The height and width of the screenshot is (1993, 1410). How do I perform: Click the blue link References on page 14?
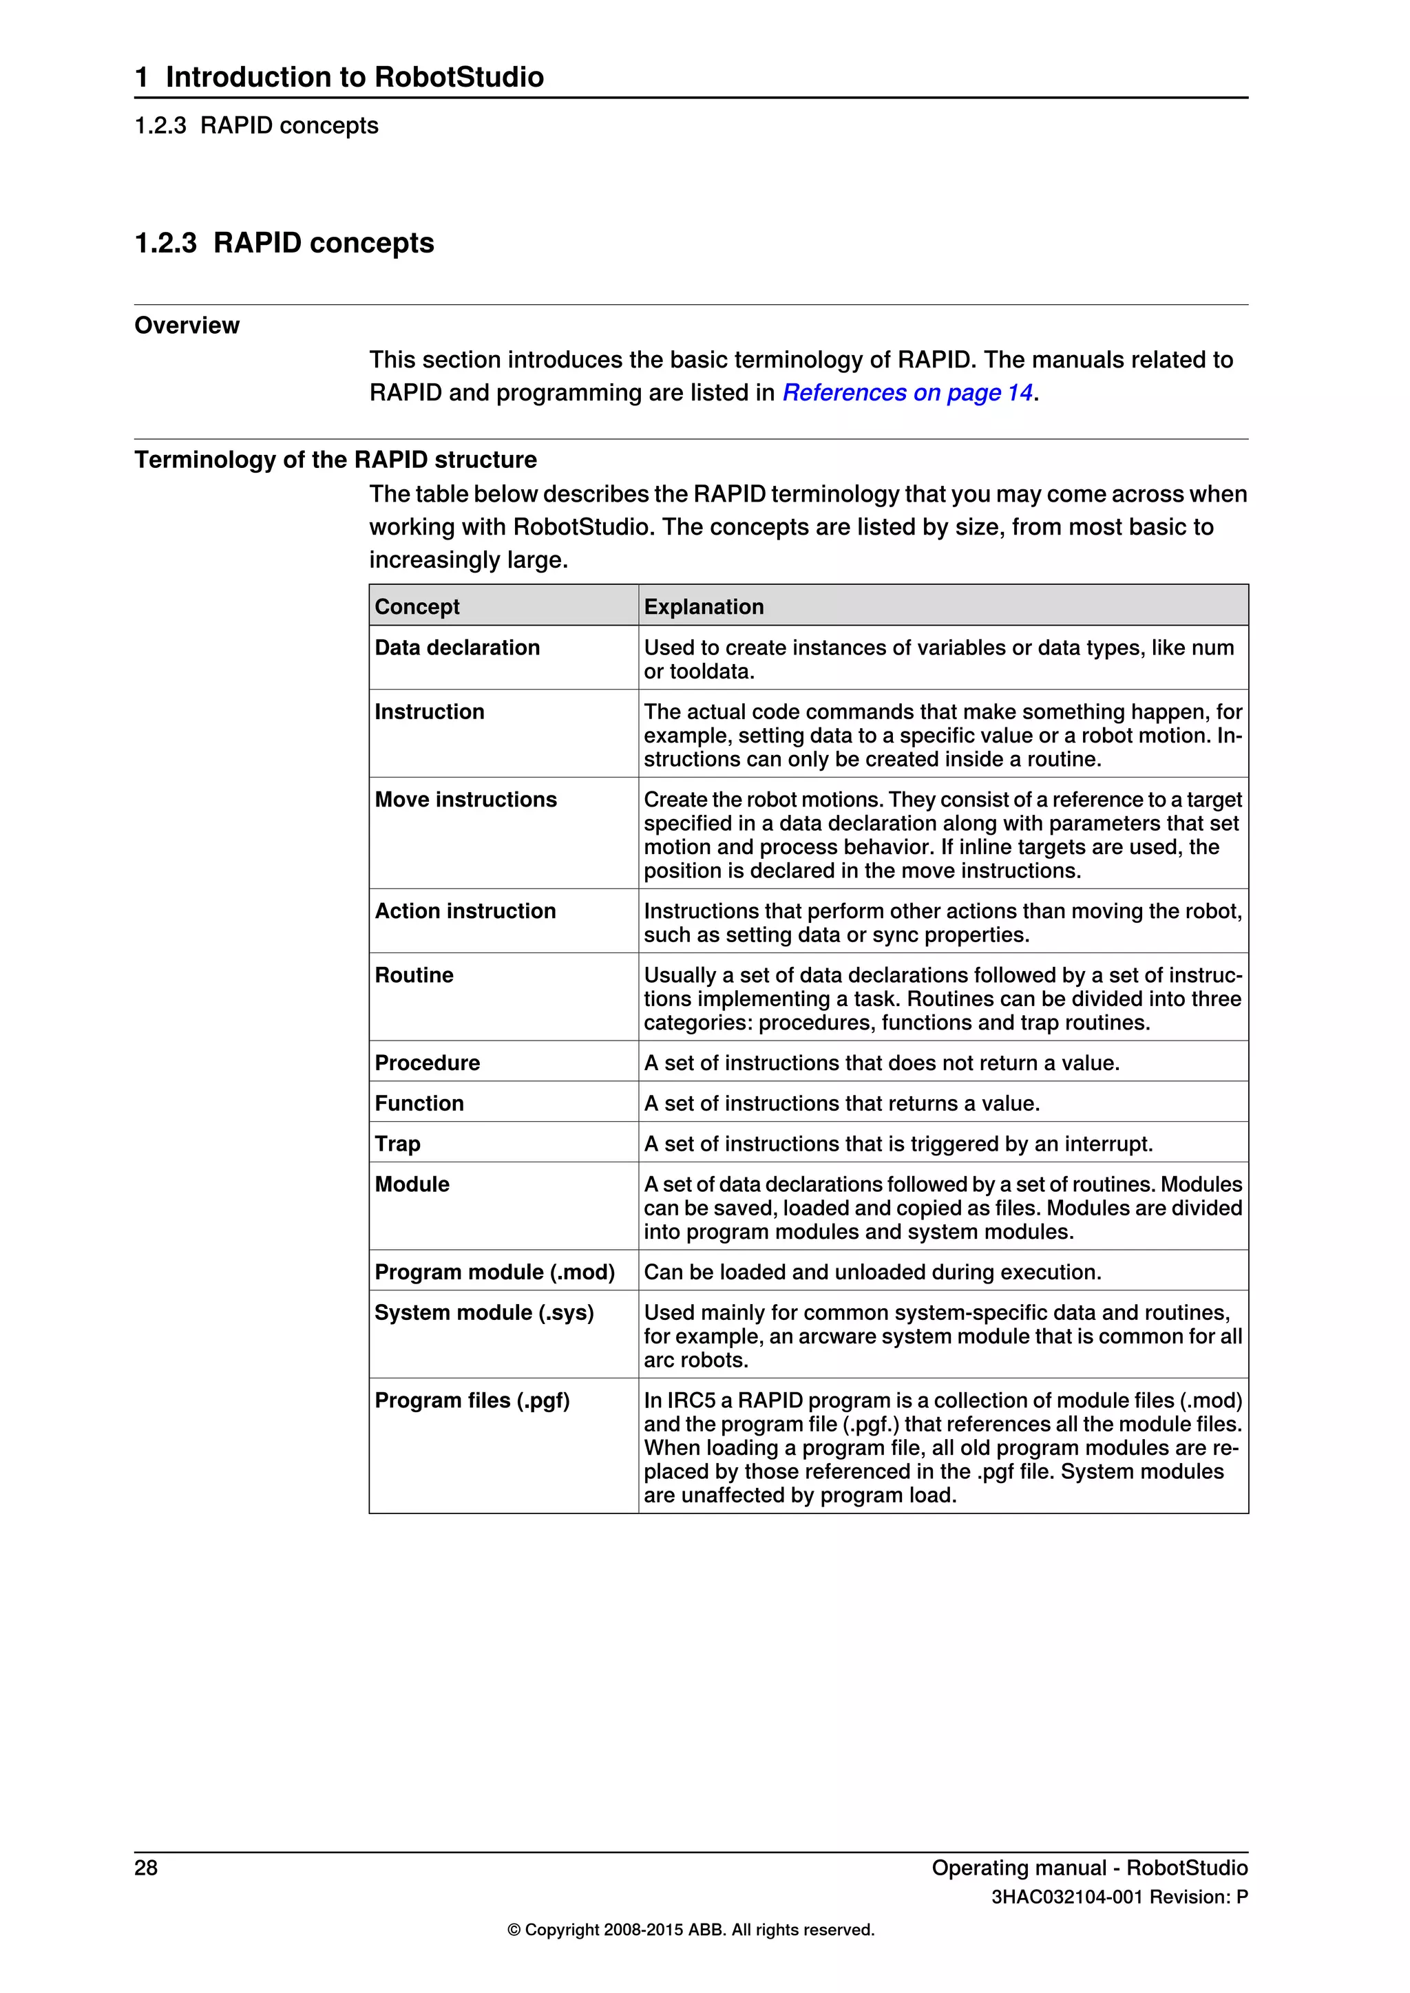(907, 393)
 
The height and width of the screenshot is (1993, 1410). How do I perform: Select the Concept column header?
(417, 607)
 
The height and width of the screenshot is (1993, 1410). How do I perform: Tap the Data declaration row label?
(456, 648)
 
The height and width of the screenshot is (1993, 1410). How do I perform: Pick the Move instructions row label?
(465, 800)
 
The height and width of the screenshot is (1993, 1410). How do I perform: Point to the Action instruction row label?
(465, 910)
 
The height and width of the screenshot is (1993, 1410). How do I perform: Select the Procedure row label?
(427, 1063)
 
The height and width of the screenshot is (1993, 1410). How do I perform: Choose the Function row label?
(419, 1103)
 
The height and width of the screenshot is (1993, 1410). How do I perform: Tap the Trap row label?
(398, 1144)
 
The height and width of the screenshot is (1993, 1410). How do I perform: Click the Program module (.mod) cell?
(494, 1272)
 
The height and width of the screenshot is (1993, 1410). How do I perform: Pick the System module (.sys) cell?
(483, 1312)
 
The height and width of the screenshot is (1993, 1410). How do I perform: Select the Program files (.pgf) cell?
(472, 1400)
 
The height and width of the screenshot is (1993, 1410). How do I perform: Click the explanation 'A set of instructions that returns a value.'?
(841, 1103)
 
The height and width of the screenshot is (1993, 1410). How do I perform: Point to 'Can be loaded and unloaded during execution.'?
(872, 1272)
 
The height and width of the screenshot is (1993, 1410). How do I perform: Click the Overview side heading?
(187, 326)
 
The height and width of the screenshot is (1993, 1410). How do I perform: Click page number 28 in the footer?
(146, 1868)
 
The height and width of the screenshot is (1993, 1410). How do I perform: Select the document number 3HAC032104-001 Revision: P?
(1119, 1897)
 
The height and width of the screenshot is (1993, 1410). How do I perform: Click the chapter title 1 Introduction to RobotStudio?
(339, 77)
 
